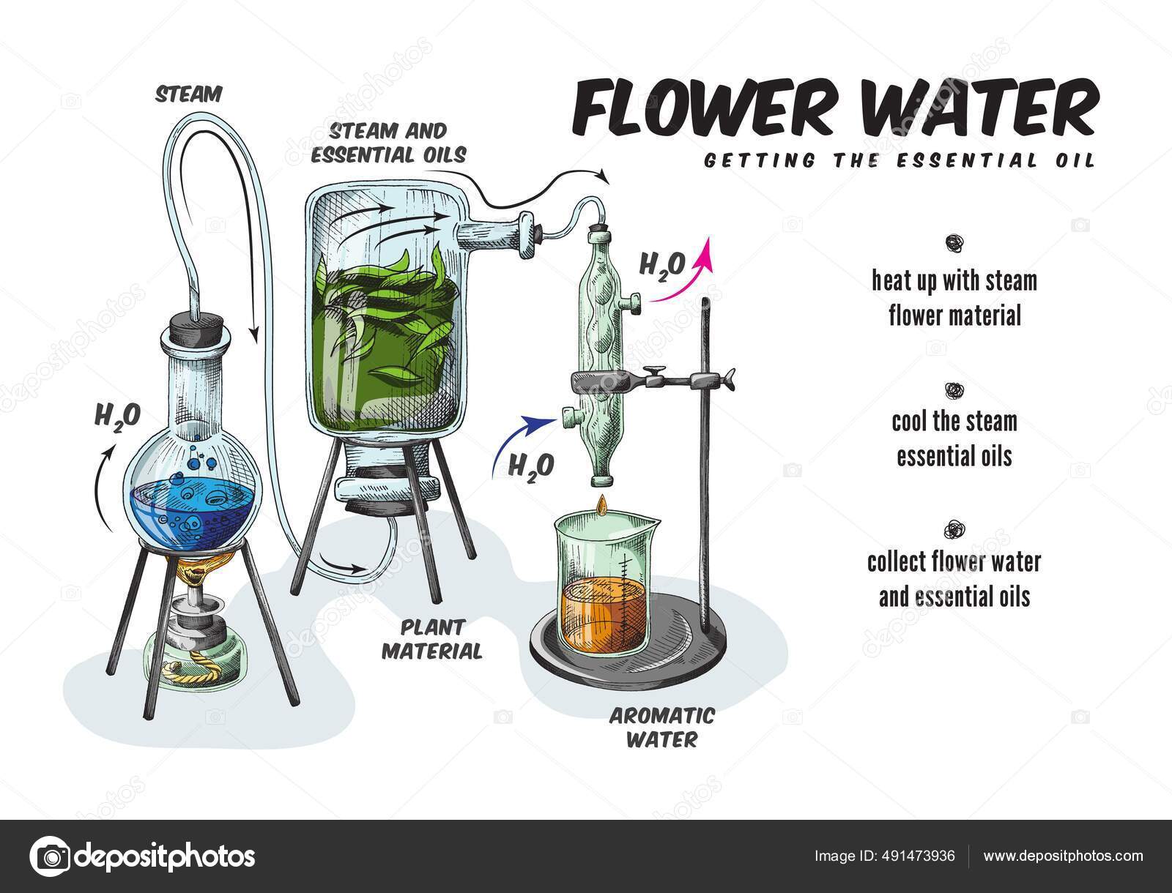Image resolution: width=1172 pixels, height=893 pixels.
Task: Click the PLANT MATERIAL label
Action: [x=432, y=638]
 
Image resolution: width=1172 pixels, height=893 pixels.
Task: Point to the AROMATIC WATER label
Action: [x=662, y=726]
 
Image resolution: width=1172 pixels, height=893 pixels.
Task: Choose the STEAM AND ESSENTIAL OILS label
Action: [x=398, y=143]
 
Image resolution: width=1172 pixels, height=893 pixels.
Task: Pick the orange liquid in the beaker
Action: [x=601, y=608]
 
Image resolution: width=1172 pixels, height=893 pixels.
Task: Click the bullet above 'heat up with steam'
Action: [x=954, y=242]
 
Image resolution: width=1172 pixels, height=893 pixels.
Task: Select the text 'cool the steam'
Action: [x=954, y=422]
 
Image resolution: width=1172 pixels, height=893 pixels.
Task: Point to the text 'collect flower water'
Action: [x=954, y=562]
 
